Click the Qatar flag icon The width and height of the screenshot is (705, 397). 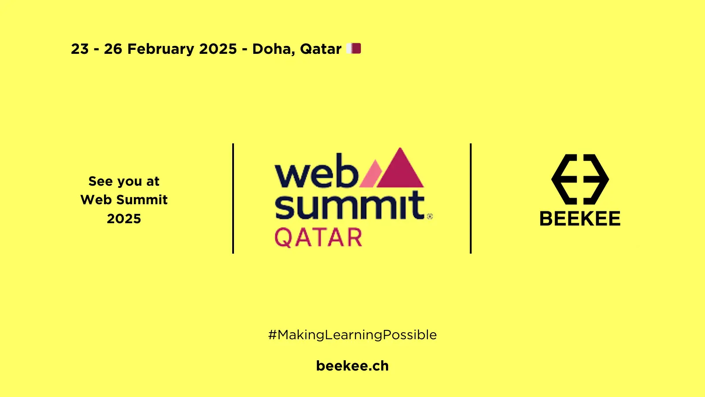[x=353, y=49]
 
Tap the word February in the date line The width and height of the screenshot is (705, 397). [x=160, y=49]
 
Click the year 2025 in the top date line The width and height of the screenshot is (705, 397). [x=218, y=49]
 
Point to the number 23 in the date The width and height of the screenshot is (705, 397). [x=80, y=49]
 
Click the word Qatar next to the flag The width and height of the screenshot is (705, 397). [x=321, y=49]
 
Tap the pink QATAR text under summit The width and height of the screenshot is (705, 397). [x=318, y=237]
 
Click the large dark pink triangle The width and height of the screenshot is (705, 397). [x=400, y=168]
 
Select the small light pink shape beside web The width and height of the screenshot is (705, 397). [x=371, y=174]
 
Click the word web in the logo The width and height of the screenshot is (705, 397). [x=316, y=170]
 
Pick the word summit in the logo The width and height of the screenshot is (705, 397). [x=350, y=205]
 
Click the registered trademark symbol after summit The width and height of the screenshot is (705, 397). [x=430, y=216]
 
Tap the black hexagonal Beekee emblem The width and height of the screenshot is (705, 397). [x=580, y=179]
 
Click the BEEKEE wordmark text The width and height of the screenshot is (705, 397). [x=580, y=218]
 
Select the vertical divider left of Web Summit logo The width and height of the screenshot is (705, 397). [x=233, y=198]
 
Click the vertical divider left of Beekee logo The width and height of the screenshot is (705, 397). [x=471, y=198]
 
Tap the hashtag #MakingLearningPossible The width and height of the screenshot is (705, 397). [x=352, y=335]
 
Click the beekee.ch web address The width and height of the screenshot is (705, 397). [x=352, y=366]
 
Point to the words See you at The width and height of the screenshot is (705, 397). [x=124, y=182]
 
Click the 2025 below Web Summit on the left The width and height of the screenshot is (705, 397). [x=124, y=219]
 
